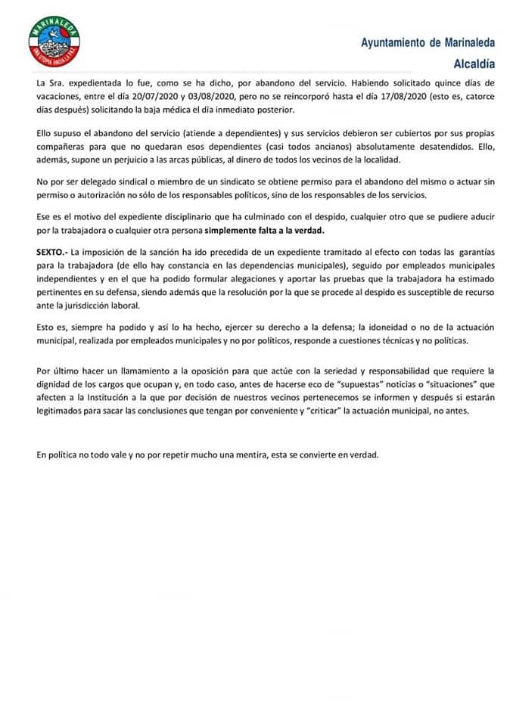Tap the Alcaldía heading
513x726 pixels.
pos(474,64)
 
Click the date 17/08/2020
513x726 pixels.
pos(406,95)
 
